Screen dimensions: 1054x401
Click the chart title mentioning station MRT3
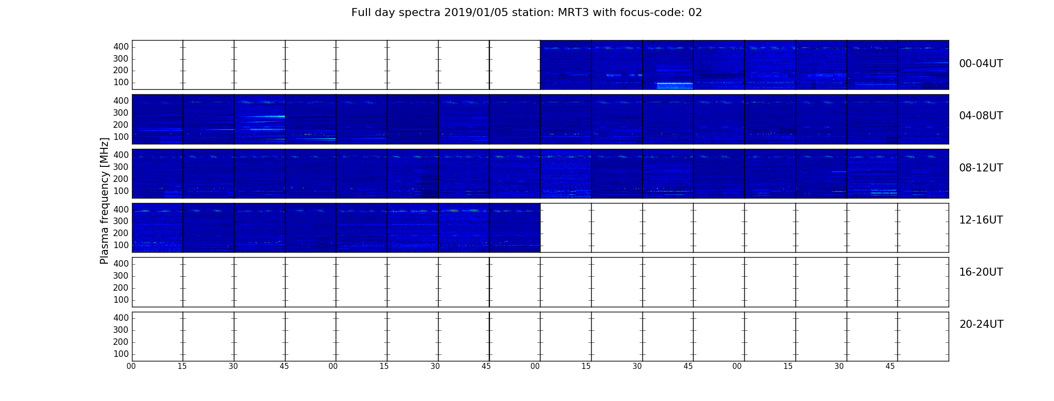tap(526, 13)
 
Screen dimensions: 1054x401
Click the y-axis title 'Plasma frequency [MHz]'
tap(104, 200)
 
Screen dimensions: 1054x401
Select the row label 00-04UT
tap(981, 64)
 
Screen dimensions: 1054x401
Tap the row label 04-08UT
tap(981, 116)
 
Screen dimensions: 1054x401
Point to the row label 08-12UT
tap(981, 168)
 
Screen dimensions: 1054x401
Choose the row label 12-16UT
tap(981, 220)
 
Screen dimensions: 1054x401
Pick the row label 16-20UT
tap(981, 272)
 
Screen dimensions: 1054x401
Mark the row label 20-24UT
tap(981, 324)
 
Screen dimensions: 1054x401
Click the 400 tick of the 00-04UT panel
tap(121, 47)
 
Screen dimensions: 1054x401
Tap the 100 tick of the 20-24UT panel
tap(121, 354)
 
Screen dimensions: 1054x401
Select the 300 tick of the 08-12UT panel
tap(121, 167)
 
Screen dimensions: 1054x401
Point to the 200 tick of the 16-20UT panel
tap(121, 288)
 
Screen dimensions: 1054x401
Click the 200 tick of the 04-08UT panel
tap(121, 125)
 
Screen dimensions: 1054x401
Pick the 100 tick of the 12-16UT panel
tap(121, 245)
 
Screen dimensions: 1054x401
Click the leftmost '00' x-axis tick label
tap(131, 366)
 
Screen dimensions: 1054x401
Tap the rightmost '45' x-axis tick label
tap(890, 366)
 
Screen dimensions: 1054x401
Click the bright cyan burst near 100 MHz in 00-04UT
tap(675, 85)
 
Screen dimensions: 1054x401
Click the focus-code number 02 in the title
tap(695, 13)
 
